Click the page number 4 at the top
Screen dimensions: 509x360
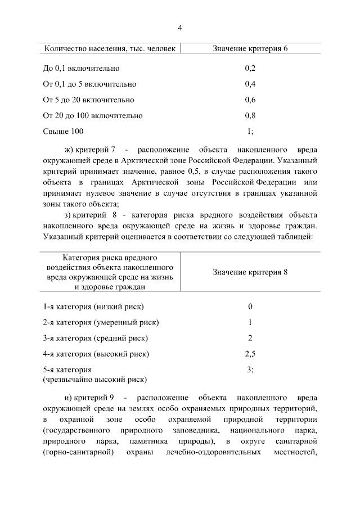(x=180, y=28)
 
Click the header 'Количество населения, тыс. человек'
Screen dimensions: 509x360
(x=110, y=49)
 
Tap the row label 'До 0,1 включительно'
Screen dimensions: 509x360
(x=81, y=69)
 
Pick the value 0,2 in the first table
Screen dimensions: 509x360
(x=250, y=69)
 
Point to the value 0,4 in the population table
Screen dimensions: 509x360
(x=250, y=84)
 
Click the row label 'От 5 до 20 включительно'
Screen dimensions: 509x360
(x=88, y=100)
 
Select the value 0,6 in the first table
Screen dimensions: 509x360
(x=250, y=100)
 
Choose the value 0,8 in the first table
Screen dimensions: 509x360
(x=250, y=116)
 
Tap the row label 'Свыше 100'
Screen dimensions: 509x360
(x=63, y=132)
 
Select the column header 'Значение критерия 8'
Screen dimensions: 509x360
(x=250, y=273)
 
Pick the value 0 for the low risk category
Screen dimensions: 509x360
(x=250, y=307)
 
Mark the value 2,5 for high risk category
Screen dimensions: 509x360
(x=250, y=354)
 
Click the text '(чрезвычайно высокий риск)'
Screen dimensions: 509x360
(x=95, y=380)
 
